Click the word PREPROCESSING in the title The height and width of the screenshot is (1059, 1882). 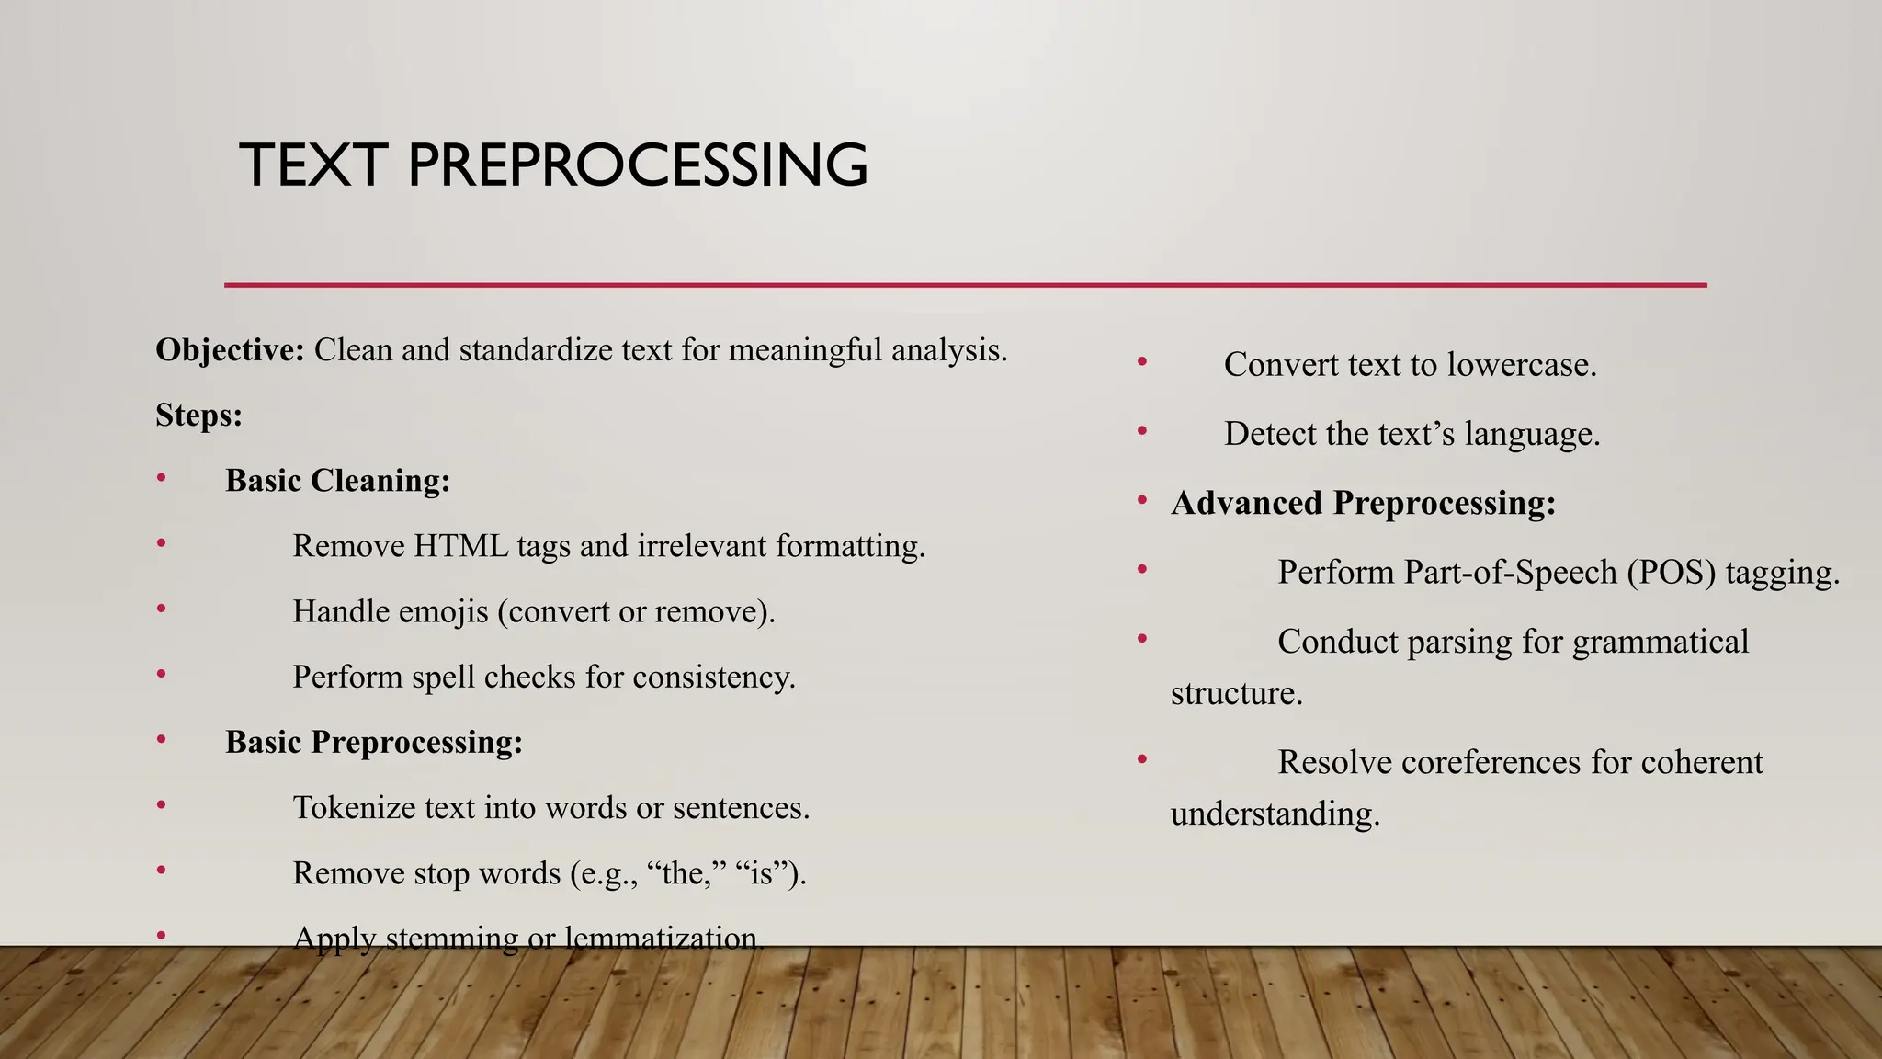point(637,165)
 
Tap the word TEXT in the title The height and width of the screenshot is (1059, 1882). point(313,165)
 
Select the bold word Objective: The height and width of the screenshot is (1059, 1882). point(230,350)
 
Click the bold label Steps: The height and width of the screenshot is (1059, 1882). point(198,416)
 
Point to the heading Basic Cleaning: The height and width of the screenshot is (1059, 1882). point(337,481)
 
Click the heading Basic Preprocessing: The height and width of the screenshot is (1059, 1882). point(374,743)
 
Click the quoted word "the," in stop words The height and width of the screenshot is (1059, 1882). point(682,873)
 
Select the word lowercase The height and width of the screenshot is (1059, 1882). point(1522,365)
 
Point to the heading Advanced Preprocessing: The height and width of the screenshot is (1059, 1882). point(1363,504)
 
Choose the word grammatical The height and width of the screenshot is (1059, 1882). point(1660,642)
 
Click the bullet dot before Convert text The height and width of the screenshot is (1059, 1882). point(1142,362)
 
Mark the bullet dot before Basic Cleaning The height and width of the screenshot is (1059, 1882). point(161,477)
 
